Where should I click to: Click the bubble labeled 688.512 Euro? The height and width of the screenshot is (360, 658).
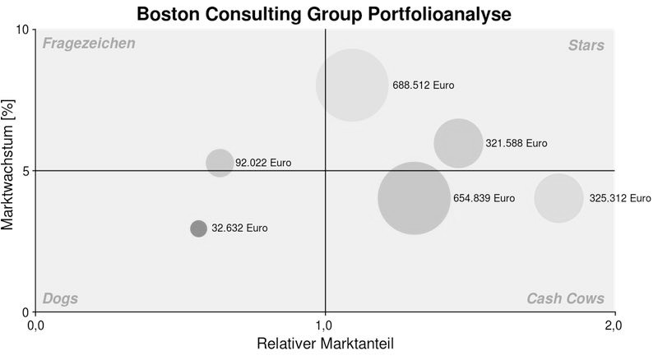click(x=352, y=85)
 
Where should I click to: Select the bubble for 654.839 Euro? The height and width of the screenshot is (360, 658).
click(x=414, y=198)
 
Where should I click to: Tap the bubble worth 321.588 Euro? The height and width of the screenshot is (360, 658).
click(x=458, y=143)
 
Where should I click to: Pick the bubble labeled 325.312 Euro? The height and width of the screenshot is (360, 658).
click(x=558, y=198)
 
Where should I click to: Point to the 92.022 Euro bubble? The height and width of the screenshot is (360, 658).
click(x=220, y=163)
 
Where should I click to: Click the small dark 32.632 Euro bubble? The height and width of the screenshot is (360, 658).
click(x=198, y=228)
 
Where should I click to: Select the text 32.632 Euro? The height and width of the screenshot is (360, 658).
click(x=239, y=228)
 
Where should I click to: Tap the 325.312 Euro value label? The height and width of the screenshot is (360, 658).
click(x=619, y=198)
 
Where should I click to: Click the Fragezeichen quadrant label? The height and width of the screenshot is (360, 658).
click(x=89, y=44)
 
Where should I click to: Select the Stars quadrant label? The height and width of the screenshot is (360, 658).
click(x=586, y=45)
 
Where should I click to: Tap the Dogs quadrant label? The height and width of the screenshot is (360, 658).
click(x=60, y=298)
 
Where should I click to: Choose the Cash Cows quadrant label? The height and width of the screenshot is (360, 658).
click(x=565, y=298)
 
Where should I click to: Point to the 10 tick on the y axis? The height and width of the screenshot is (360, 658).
click(x=22, y=30)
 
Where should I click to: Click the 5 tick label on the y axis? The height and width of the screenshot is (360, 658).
click(x=25, y=171)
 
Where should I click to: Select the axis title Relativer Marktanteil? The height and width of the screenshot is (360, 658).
click(x=325, y=343)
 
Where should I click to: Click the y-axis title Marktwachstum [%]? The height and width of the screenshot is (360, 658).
click(x=9, y=171)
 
